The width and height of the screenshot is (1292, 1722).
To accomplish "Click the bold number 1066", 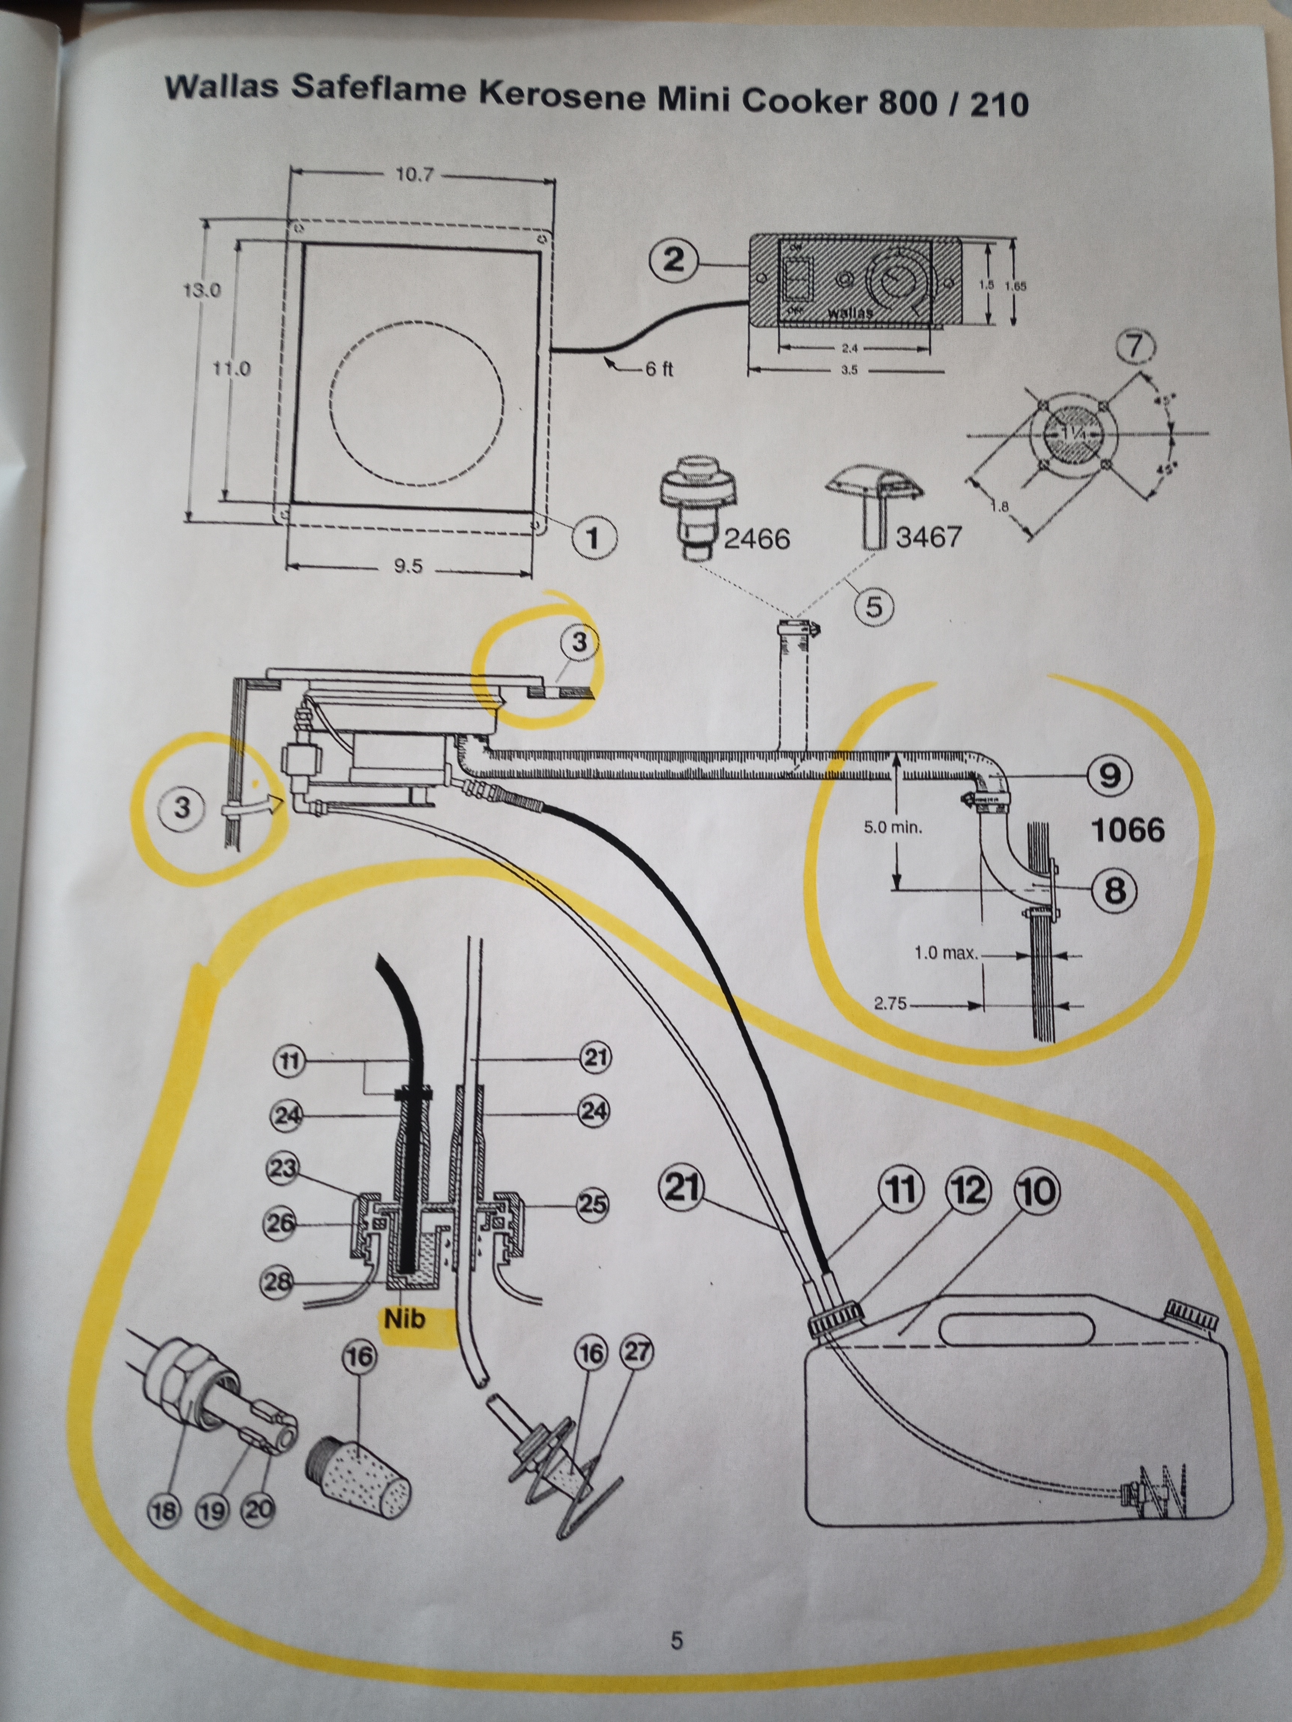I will click(1128, 831).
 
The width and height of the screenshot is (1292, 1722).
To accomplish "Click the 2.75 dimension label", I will click(890, 1004).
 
